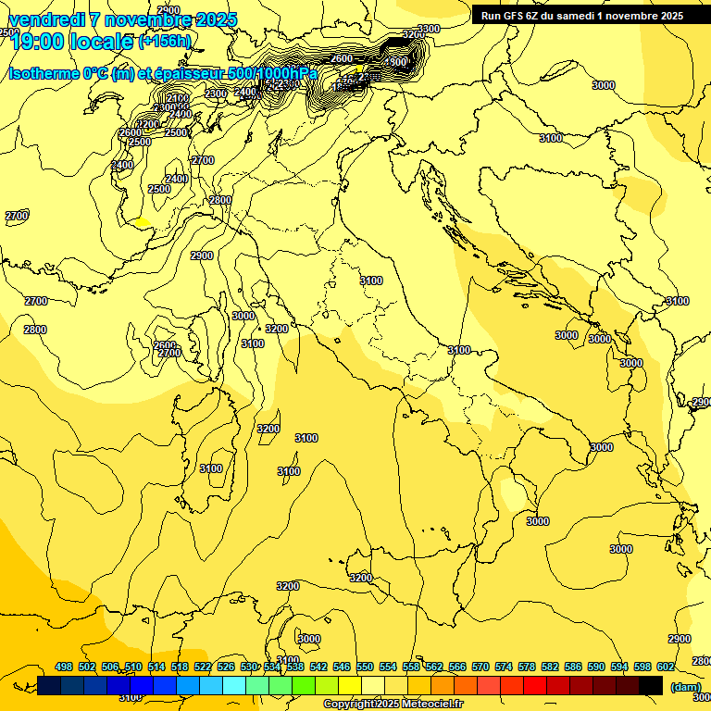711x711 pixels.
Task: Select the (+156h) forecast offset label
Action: [165, 42]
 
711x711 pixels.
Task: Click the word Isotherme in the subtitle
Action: [44, 74]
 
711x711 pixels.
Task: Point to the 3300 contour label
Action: [429, 30]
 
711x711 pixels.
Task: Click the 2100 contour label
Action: [177, 98]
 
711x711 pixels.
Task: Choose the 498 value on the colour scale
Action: [64, 667]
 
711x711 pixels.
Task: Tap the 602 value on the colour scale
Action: [666, 667]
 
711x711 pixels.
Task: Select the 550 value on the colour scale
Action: [365, 667]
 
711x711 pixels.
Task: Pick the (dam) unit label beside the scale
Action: [685, 686]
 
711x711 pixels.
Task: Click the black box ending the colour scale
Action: [651, 685]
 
